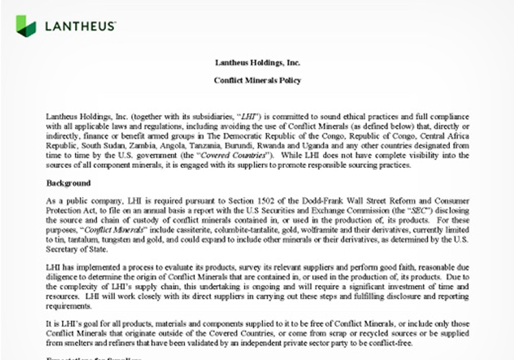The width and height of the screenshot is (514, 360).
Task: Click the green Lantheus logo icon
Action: coord(26,25)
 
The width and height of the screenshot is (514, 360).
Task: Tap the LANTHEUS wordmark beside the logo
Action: coord(80,26)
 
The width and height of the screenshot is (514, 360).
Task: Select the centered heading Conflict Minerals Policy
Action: coord(257,81)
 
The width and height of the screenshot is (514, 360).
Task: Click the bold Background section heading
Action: coord(68,183)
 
